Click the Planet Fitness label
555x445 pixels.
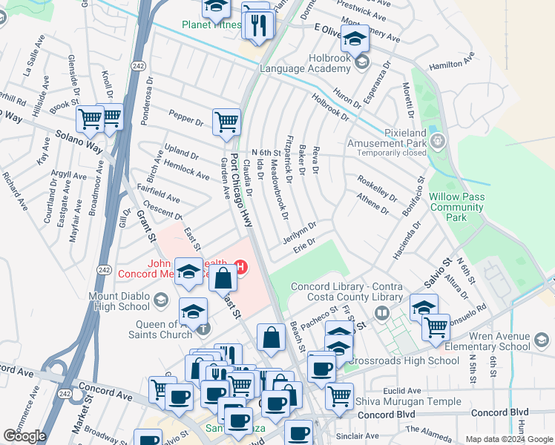click(211, 24)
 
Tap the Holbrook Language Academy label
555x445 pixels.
click(304, 62)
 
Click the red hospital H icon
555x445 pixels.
click(240, 266)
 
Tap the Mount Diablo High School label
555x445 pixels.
click(130, 302)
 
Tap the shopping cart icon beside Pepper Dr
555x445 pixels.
click(226, 121)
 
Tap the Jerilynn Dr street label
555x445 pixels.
click(300, 229)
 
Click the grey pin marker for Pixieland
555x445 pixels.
click(438, 139)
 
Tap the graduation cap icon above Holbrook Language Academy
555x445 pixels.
click(355, 39)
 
